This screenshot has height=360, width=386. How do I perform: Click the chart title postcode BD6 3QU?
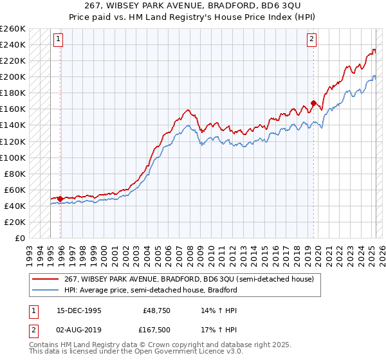tap(276, 6)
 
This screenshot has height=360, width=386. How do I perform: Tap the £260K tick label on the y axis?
tap(13, 29)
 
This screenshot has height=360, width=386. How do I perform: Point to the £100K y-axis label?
tap(13, 157)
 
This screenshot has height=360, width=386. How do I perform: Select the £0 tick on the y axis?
tap(19, 238)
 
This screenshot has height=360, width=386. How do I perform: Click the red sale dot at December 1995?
tap(60, 199)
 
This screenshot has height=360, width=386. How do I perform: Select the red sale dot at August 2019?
tap(313, 103)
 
